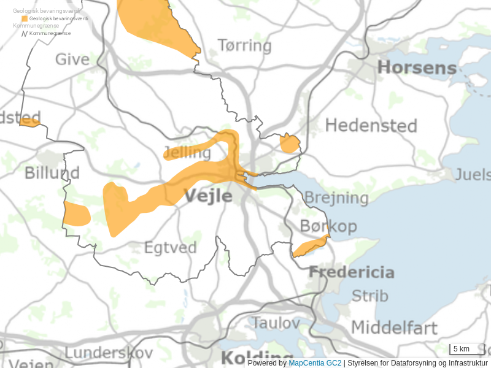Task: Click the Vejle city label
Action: click(x=208, y=196)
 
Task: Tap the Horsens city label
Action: click(x=417, y=67)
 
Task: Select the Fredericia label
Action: click(x=351, y=272)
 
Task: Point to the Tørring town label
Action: click(x=244, y=46)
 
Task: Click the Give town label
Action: click(x=72, y=59)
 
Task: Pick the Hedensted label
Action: click(x=371, y=126)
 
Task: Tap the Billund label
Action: click(x=52, y=173)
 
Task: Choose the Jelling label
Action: click(x=187, y=152)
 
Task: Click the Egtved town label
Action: click(x=170, y=248)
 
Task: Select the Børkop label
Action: click(x=328, y=226)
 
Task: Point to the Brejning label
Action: click(x=336, y=198)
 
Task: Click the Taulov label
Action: click(x=276, y=323)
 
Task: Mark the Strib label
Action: click(x=369, y=296)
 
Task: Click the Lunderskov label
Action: click(x=109, y=353)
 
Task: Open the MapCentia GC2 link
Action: click(x=315, y=363)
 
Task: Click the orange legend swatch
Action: click(x=25, y=19)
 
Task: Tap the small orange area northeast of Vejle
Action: click(x=289, y=144)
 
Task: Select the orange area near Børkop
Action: click(x=310, y=247)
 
